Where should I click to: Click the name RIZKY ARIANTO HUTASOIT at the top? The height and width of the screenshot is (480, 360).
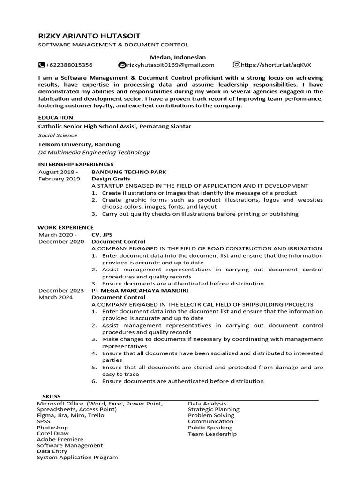[89, 36]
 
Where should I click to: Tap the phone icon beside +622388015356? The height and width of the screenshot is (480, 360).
[41, 65]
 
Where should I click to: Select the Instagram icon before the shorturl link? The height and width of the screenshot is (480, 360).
[237, 65]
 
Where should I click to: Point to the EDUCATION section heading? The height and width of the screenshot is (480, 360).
[55, 117]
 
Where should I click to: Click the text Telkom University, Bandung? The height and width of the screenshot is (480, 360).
[79, 144]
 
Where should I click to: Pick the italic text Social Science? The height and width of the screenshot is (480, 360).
[58, 135]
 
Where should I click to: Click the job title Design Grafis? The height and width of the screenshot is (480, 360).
[111, 179]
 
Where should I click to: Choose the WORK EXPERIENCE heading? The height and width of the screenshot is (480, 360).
[66, 227]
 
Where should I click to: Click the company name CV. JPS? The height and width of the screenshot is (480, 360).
[102, 235]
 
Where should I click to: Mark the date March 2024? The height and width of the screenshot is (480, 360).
[53, 297]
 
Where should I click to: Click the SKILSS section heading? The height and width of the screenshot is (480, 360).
[52, 397]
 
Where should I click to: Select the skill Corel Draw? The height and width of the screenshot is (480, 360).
[52, 434]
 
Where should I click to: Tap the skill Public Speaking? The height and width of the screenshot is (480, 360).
[210, 427]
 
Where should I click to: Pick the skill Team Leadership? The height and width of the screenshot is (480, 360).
[212, 434]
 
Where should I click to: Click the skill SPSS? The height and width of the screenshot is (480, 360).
[44, 421]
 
